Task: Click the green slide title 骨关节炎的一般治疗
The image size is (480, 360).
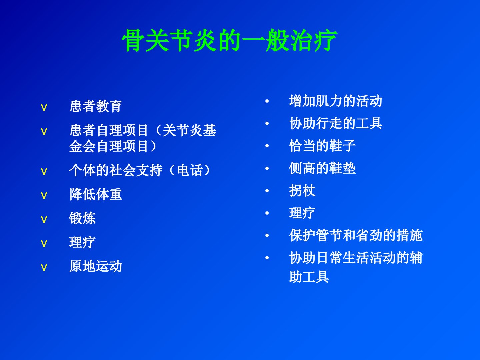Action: point(229,40)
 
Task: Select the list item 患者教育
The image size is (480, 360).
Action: point(96,106)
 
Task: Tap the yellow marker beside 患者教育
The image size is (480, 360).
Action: point(44,108)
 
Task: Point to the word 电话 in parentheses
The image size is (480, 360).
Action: point(190,170)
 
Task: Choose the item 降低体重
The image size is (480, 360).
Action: point(96,194)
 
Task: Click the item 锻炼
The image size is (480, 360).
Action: point(82,218)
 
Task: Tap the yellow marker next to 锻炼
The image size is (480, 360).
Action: point(44,219)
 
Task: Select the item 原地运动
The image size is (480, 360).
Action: point(96,266)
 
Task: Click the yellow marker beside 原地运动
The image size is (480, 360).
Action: point(44,267)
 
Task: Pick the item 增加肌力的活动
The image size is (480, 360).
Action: point(335,101)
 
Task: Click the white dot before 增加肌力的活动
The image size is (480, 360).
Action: point(267,101)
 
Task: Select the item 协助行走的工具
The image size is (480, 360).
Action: point(335,123)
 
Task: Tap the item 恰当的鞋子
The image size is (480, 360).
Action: point(322,146)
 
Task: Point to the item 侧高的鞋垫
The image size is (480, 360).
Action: point(322,168)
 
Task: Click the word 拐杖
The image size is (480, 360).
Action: point(302,190)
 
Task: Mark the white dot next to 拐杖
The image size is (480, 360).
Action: point(267,191)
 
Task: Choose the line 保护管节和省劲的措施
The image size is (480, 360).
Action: point(356,235)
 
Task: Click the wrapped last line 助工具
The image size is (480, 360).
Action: point(309,277)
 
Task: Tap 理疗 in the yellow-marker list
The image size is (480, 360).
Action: point(82,242)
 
